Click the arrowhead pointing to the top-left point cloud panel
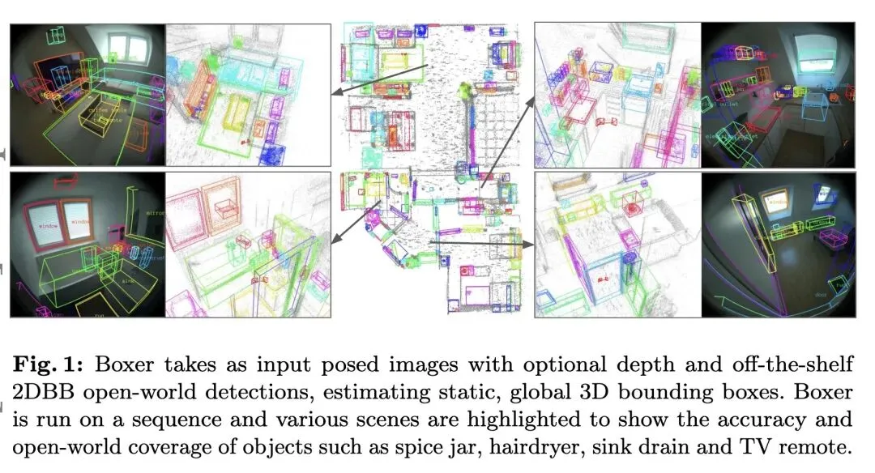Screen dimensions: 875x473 point(337,94)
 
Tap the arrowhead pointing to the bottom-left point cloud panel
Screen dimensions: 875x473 point(335,239)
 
